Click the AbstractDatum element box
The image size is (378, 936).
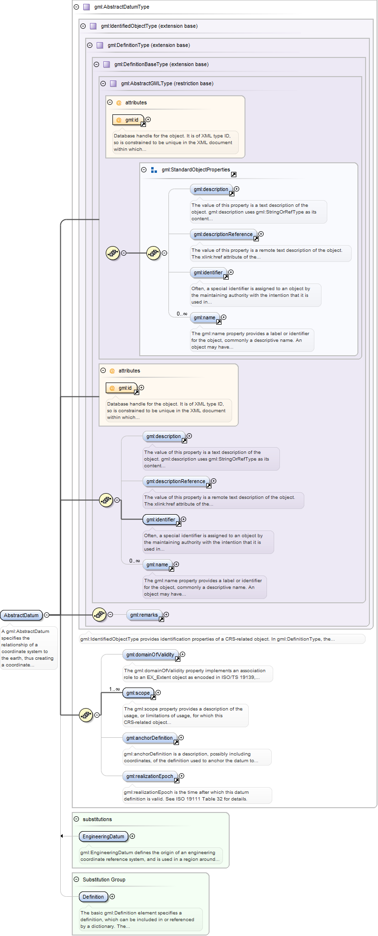click(22, 615)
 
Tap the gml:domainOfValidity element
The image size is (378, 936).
click(150, 654)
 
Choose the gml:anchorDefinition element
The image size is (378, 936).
click(150, 738)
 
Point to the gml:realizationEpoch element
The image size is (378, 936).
click(150, 776)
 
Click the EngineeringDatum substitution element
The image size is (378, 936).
click(103, 836)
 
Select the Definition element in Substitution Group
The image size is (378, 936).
click(93, 897)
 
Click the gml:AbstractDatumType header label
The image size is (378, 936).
click(122, 7)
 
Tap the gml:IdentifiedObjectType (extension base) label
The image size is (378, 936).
click(149, 26)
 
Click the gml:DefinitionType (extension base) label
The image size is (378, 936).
click(149, 45)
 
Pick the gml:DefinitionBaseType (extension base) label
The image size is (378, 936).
click(161, 64)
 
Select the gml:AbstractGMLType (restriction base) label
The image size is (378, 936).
click(167, 83)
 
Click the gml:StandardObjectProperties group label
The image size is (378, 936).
click(196, 169)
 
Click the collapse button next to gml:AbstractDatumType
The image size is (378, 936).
click(77, 7)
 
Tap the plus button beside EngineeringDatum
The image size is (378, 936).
click(133, 836)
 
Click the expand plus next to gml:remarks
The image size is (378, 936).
click(167, 614)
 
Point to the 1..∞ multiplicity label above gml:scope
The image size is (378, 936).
click(114, 689)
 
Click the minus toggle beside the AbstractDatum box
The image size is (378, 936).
click(46, 615)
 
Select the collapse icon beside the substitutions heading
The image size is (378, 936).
click(77, 819)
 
